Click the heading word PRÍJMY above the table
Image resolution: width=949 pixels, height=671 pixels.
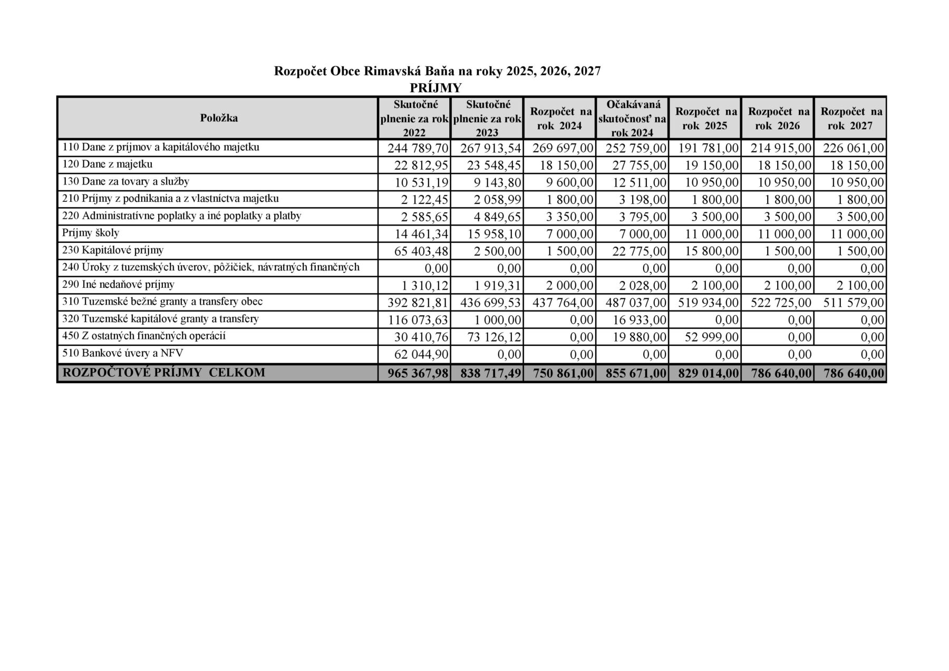click(x=435, y=87)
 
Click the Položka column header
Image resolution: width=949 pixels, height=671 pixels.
click(x=219, y=118)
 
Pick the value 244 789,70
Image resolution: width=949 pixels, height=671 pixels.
click(x=418, y=148)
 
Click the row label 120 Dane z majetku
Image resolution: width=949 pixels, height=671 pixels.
click(x=108, y=164)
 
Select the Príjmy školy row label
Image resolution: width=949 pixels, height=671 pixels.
click(x=91, y=233)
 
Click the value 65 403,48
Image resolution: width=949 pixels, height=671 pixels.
click(x=421, y=251)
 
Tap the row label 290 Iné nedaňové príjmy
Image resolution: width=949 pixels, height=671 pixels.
click(x=118, y=285)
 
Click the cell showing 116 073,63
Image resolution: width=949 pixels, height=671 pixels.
click(x=418, y=320)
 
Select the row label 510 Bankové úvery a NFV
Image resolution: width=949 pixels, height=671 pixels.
click(x=122, y=353)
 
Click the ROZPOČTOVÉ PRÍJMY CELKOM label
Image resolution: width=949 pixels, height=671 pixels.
click(x=163, y=373)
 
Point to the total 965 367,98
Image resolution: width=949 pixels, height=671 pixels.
click(x=418, y=373)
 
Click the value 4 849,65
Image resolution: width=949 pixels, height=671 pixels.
click(x=493, y=217)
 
